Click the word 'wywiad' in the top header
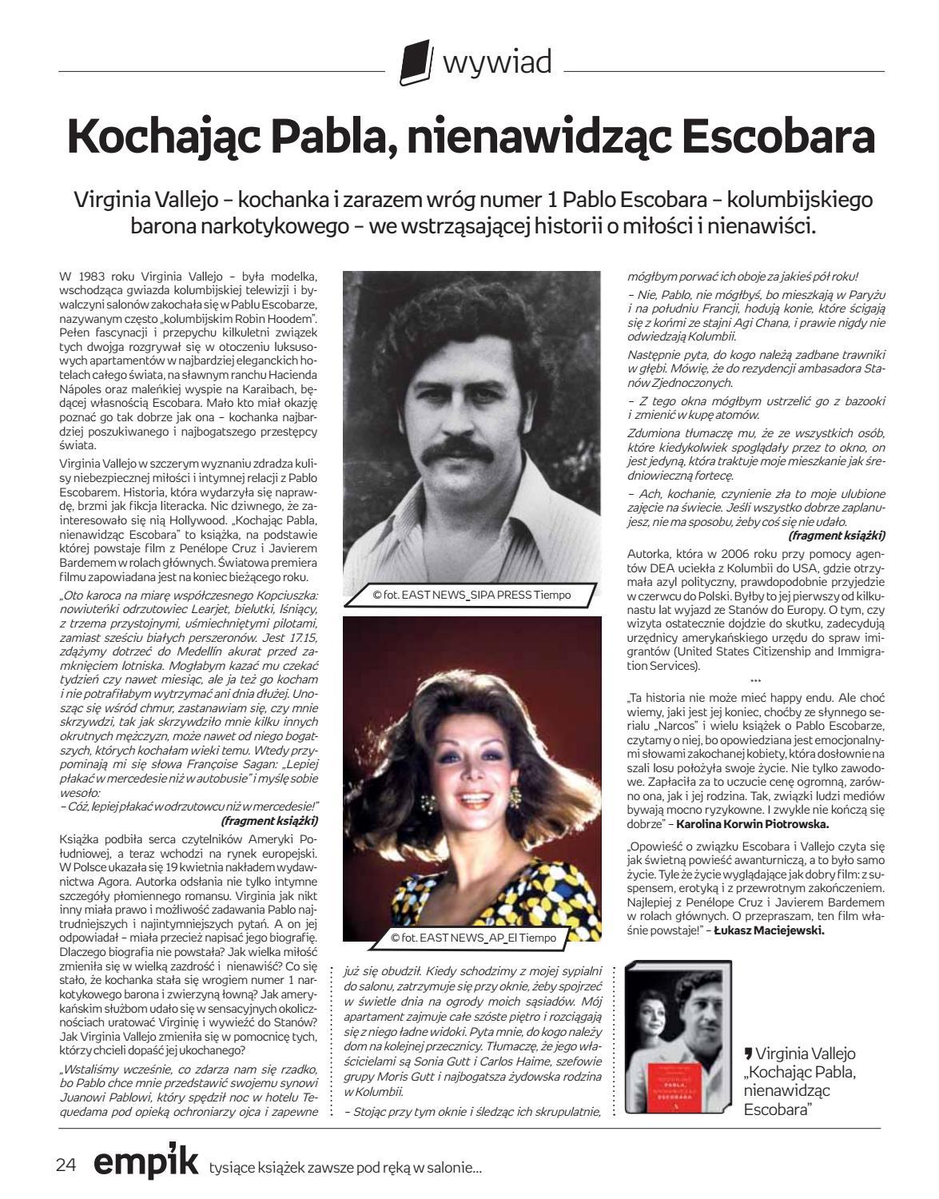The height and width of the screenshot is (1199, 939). [x=497, y=62]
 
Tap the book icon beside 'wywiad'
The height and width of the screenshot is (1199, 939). [x=416, y=63]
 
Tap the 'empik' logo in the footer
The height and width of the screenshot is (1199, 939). [x=145, y=1163]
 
